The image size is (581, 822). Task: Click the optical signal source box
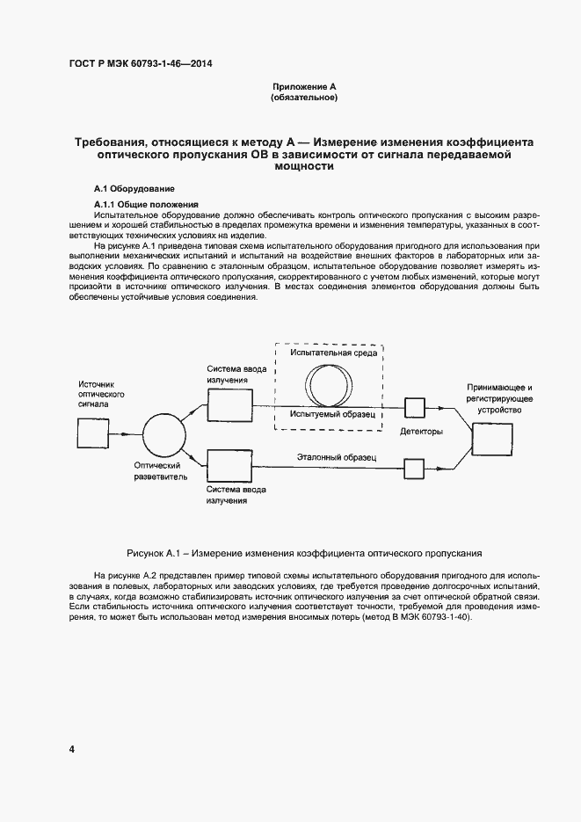click(91, 433)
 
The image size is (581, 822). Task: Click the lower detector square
click(414, 468)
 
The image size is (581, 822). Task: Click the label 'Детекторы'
click(421, 433)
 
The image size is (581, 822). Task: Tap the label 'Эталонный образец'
click(337, 458)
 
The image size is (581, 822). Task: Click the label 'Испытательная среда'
click(329, 353)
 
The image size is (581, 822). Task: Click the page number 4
click(71, 749)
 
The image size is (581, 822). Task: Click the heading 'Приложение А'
click(305, 86)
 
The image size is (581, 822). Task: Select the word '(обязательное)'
click(305, 98)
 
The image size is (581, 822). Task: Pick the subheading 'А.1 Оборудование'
click(134, 189)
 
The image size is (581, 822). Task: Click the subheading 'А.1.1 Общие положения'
click(146, 205)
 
